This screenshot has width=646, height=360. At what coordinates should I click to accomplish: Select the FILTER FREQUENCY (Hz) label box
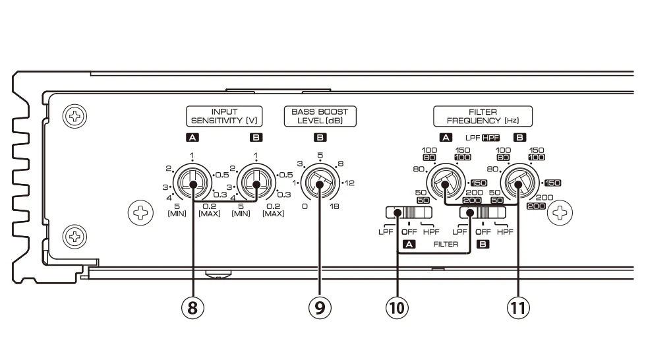(483, 116)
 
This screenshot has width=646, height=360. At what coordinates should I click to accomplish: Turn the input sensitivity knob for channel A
(192, 184)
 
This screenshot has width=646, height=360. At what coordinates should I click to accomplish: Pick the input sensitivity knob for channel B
(255, 184)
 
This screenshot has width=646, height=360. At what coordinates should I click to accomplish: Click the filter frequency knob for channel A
(445, 184)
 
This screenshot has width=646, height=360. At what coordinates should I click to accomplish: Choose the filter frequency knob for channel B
(519, 184)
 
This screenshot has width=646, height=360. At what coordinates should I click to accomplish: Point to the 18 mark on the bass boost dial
(334, 206)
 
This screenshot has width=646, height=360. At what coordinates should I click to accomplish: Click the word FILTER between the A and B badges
(446, 243)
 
